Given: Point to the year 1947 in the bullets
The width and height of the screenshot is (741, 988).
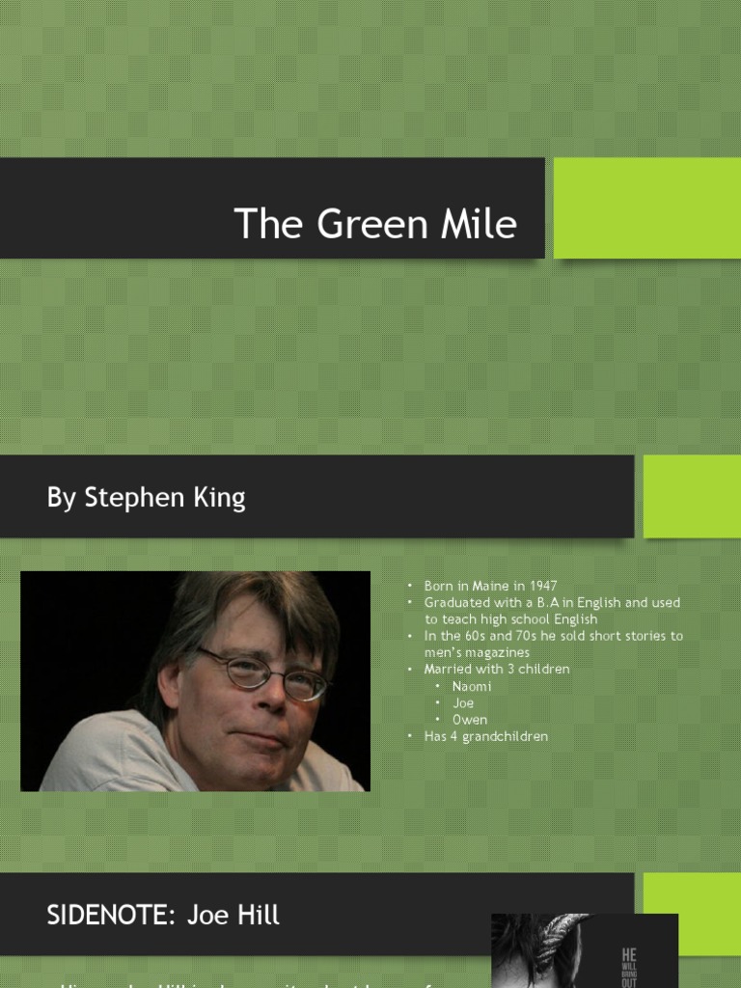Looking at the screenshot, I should [543, 586].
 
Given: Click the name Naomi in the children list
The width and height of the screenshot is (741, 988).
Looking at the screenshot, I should [472, 686].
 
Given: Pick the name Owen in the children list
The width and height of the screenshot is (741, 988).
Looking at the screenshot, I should [470, 720].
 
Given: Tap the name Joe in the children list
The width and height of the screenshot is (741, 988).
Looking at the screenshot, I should [463, 703].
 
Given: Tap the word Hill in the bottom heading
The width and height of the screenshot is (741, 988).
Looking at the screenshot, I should [258, 916].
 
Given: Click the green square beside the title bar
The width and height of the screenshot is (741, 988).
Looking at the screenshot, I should [646, 208].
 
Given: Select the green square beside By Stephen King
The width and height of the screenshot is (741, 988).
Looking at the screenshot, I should [692, 496].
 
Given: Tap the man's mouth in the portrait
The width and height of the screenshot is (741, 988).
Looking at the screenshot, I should [253, 738].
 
